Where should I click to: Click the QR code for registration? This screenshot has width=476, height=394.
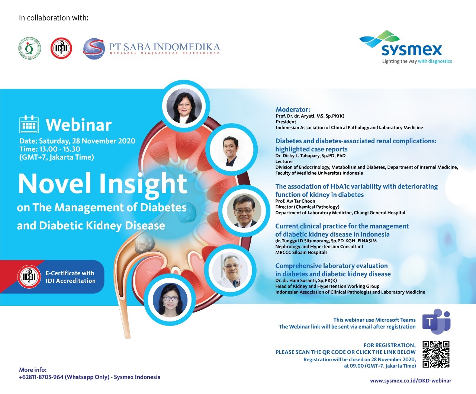tap(436, 354)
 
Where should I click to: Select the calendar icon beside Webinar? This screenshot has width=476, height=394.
tap(29, 124)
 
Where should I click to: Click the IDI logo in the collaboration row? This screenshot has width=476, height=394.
tap(61, 48)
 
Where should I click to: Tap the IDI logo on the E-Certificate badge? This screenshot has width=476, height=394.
tap(29, 276)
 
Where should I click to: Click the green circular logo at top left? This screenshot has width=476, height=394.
tap(30, 48)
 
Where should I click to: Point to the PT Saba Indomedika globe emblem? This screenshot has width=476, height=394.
tap(94, 49)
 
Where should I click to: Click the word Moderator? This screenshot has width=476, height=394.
tap(293, 109)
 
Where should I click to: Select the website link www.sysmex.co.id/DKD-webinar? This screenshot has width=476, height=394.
tap(411, 381)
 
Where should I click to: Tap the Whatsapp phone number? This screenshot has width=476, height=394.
tap(41, 377)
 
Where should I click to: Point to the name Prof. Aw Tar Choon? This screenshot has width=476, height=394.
tap(295, 201)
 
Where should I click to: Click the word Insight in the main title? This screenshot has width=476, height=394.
tap(143, 184)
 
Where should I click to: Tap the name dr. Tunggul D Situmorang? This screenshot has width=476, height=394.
tap(302, 241)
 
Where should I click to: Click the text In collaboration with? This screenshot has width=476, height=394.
tap(54, 18)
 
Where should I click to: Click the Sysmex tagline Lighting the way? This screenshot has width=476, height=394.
tap(399, 61)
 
